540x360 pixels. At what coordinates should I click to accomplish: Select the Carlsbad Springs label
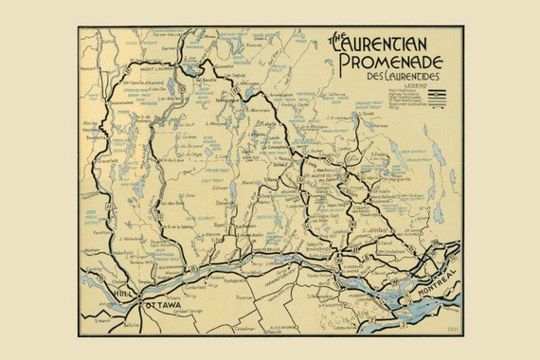click(187, 310)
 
